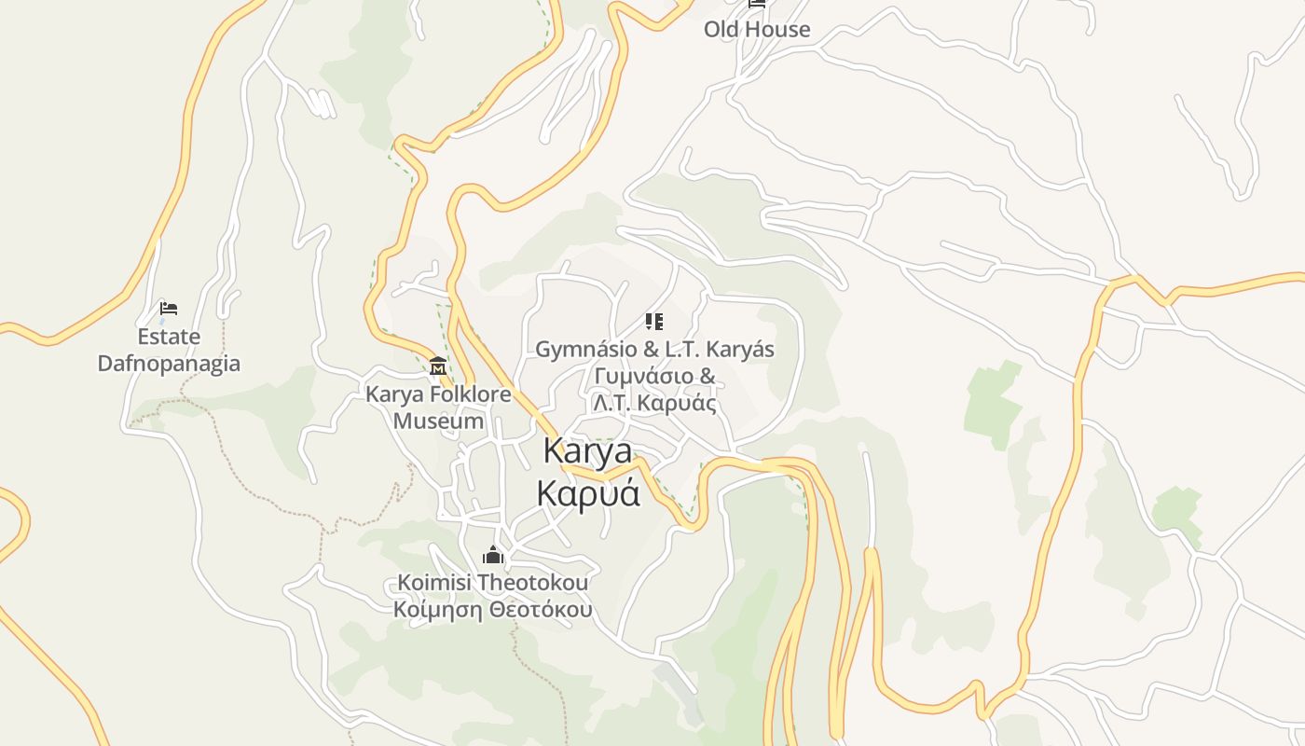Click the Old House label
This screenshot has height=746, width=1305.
[756, 29]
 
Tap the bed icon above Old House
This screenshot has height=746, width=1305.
[757, 4]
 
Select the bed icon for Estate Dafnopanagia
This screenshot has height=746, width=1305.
[169, 309]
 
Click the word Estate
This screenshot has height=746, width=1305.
[169, 337]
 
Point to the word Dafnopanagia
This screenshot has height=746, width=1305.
[169, 364]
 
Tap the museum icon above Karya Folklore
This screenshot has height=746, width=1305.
[438, 366]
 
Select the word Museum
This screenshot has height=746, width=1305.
[438, 421]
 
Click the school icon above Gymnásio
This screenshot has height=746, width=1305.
[654, 323]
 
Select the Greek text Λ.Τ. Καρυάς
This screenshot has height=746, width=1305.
[654, 404]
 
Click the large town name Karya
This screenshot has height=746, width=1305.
[587, 452]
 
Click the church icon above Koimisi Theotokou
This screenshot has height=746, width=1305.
[493, 557]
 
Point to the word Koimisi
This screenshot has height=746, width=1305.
[434, 583]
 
